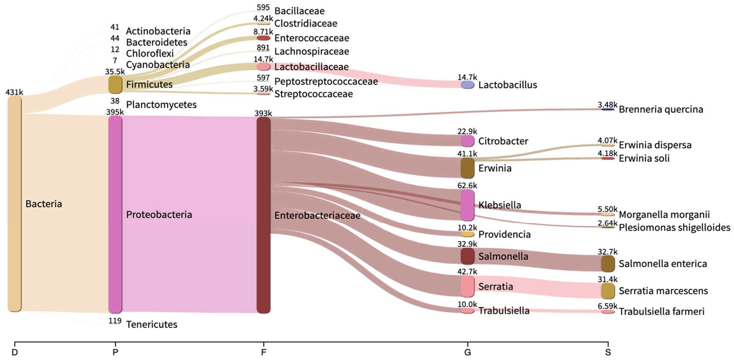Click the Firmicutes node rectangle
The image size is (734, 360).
pyautogui.click(x=115, y=85)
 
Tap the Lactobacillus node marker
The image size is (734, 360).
pyautogui.click(x=467, y=85)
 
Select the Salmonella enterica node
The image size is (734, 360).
pyautogui.click(x=608, y=263)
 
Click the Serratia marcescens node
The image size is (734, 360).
pyautogui.click(x=608, y=291)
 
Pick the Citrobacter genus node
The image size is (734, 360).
pyautogui.click(x=467, y=141)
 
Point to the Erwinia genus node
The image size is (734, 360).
pyautogui.click(x=467, y=168)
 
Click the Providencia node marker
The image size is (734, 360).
pyautogui.click(x=467, y=234)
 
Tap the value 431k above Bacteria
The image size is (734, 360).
pyautogui.click(x=14, y=92)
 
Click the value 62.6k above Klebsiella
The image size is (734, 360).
pyautogui.click(x=467, y=185)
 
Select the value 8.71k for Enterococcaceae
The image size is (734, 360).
pyautogui.click(x=263, y=32)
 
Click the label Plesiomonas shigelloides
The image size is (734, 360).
pyautogui.click(x=674, y=227)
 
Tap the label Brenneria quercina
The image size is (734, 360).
pyautogui.click(x=660, y=109)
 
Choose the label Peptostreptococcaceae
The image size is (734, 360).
pyautogui.click(x=326, y=82)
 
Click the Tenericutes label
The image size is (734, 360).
pyautogui.click(x=151, y=324)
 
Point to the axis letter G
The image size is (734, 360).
pyautogui.click(x=467, y=352)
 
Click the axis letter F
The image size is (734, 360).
pyautogui.click(x=263, y=352)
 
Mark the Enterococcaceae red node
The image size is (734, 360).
pyautogui.click(x=263, y=38)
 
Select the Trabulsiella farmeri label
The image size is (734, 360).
pyautogui.click(x=661, y=312)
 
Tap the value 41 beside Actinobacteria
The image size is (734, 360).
pyautogui.click(x=115, y=27)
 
